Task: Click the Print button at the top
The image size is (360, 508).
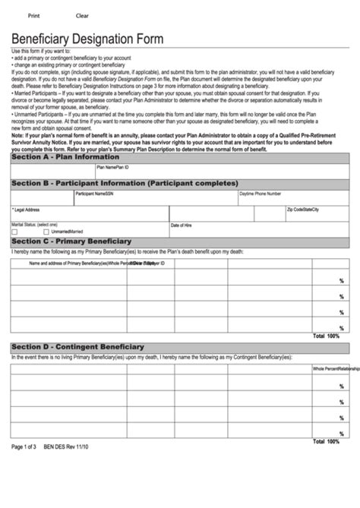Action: click(x=34, y=15)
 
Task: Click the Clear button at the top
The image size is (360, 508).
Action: click(x=82, y=15)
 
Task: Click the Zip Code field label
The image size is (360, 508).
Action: click(x=296, y=209)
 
